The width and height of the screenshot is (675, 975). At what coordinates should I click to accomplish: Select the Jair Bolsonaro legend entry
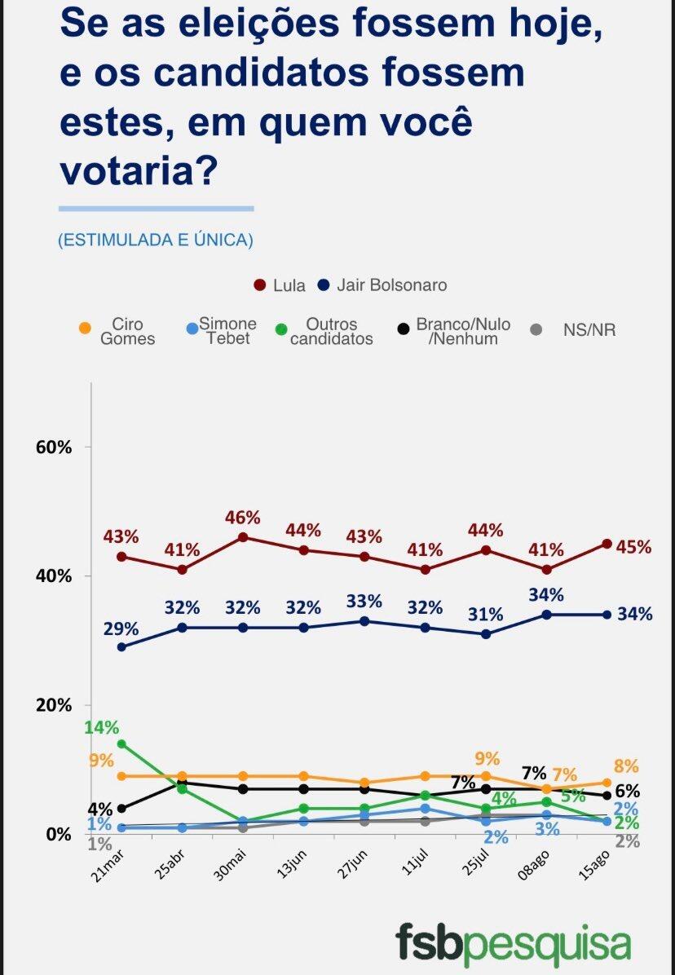(x=382, y=285)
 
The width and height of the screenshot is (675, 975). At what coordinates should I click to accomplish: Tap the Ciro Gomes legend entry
(x=118, y=332)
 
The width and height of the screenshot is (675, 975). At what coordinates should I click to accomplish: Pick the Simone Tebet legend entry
(x=221, y=332)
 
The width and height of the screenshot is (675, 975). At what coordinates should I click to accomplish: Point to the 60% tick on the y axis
(x=54, y=448)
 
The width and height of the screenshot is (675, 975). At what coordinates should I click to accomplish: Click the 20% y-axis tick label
(x=54, y=705)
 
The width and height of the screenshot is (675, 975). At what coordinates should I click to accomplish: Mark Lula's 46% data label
(x=242, y=518)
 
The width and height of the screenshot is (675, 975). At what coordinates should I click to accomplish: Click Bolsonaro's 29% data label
(x=121, y=629)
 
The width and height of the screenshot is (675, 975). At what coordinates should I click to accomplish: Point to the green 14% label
(x=101, y=728)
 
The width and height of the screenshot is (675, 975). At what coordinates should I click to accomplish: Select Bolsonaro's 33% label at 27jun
(x=364, y=602)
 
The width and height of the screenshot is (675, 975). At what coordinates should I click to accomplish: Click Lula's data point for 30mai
(x=243, y=537)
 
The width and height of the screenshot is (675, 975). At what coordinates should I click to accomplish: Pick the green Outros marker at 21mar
(x=121, y=743)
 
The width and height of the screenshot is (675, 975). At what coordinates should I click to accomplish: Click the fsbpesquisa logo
(x=513, y=942)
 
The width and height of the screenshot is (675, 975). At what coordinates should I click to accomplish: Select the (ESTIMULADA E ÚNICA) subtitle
(x=156, y=240)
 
